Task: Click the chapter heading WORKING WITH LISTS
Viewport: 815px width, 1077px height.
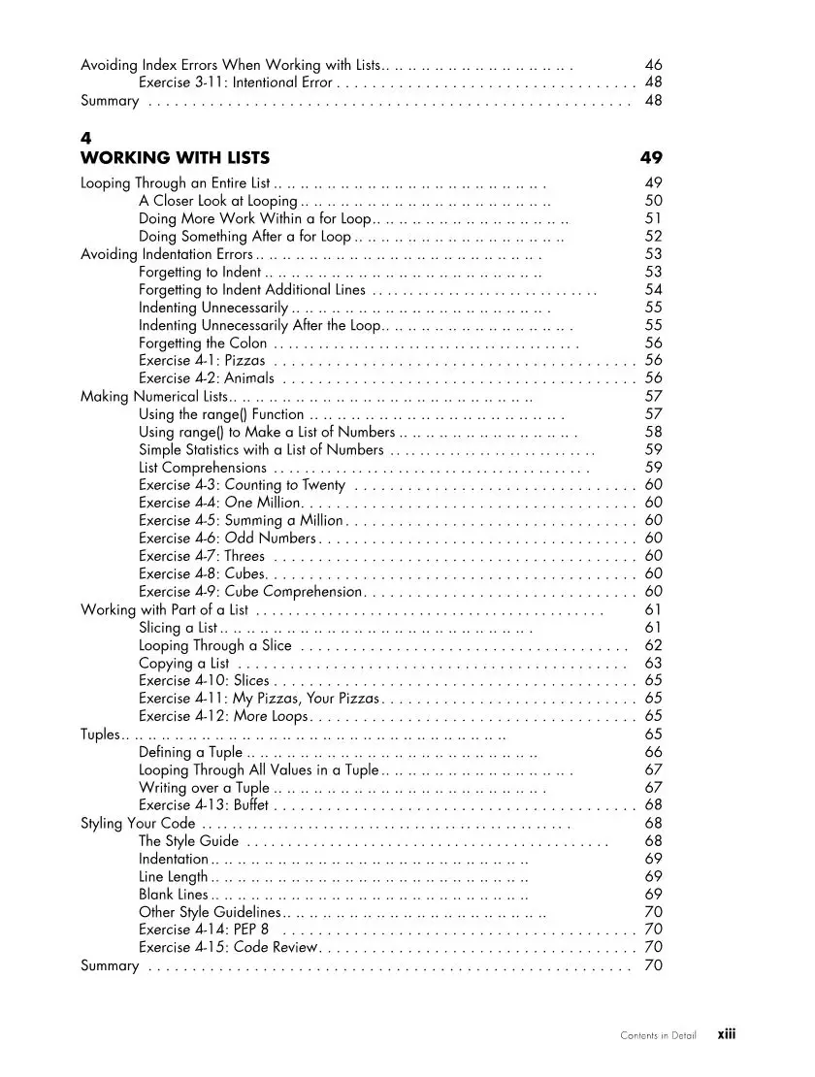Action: [x=175, y=157]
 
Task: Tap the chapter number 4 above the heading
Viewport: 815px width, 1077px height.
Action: [x=85, y=139]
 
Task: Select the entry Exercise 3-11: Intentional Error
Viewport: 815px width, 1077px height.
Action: [x=236, y=82]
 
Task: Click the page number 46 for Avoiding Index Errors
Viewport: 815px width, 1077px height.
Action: [x=653, y=65]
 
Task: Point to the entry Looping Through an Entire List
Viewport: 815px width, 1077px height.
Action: [x=176, y=182]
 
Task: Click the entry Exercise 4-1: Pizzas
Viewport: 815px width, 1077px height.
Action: [x=203, y=361]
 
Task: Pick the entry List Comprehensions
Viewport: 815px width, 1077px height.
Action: [x=202, y=468]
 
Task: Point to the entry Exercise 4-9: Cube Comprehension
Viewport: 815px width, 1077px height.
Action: [x=250, y=592]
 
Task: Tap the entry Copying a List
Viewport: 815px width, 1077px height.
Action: [x=184, y=664]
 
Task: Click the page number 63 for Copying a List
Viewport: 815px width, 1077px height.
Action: [x=653, y=664]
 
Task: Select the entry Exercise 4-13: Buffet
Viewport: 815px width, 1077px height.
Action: [x=204, y=805]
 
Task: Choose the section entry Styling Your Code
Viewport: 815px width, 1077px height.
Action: [x=138, y=824]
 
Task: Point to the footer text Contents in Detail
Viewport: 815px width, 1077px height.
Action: [x=658, y=1035]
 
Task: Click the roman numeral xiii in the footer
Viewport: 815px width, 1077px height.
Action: [x=727, y=1034]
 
